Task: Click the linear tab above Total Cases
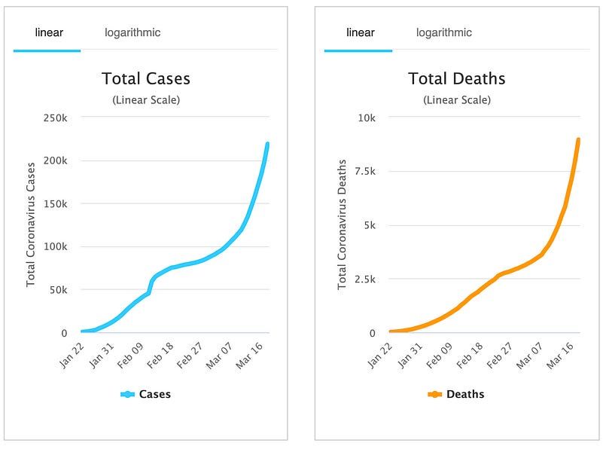click(x=49, y=32)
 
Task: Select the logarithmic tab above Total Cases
click(x=132, y=32)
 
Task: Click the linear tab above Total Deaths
click(x=360, y=32)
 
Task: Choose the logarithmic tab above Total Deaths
click(x=443, y=32)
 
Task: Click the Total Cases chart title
click(x=146, y=78)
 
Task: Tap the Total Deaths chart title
click(x=456, y=78)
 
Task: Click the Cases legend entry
click(x=146, y=394)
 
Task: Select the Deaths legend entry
click(x=456, y=394)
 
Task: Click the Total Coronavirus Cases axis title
click(x=32, y=224)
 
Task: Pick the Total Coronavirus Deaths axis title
click(x=342, y=224)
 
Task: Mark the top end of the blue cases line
click(x=267, y=144)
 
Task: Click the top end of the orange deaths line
click(x=578, y=139)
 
